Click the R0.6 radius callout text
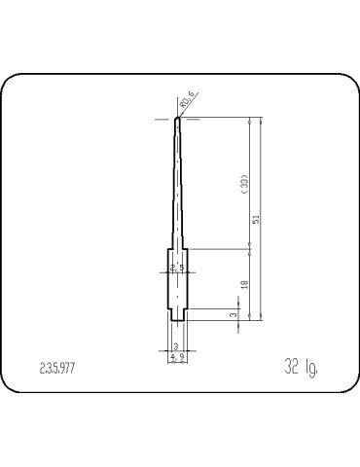tap(187, 96)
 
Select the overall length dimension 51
tap(255, 220)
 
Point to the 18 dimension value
tap(243, 284)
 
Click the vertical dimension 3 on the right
tap(233, 315)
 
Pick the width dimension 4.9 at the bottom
tap(177, 357)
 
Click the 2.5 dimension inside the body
tap(177, 266)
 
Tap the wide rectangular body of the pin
tap(177, 282)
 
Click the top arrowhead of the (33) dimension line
tap(249, 123)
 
